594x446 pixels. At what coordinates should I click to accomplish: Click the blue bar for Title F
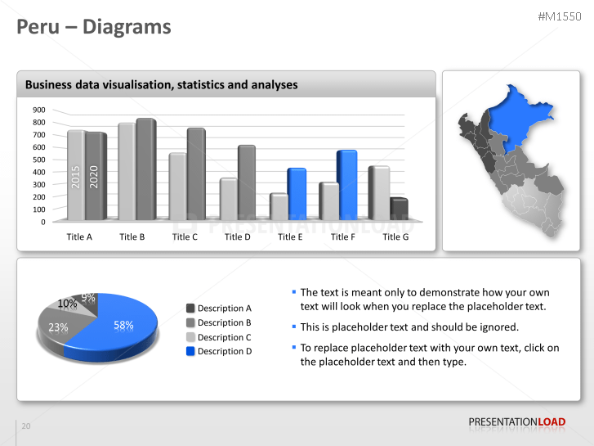coord(347,186)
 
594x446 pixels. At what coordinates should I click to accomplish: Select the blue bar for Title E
coord(297,195)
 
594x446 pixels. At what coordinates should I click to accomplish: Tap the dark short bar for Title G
coord(399,209)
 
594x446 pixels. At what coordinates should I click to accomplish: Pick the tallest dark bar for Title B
coord(145,170)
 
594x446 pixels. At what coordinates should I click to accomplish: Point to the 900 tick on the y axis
coord(38,110)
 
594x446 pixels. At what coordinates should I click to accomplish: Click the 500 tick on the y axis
coord(38,160)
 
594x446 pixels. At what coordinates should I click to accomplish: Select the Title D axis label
coord(237,237)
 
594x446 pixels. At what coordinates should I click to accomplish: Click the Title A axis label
coord(79,237)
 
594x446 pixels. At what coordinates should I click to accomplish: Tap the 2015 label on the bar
coord(76,178)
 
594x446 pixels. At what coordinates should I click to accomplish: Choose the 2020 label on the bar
coord(94,178)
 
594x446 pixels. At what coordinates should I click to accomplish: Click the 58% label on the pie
coord(123,325)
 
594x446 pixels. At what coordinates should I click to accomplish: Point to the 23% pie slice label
coord(58,327)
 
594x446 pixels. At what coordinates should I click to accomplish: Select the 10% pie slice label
coord(67,304)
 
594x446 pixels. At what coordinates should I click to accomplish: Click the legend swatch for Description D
coord(190,351)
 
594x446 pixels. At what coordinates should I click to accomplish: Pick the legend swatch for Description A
coord(190,308)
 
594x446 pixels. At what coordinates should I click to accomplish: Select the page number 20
coord(26,426)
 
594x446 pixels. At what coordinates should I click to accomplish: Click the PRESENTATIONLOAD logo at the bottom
coord(516,422)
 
